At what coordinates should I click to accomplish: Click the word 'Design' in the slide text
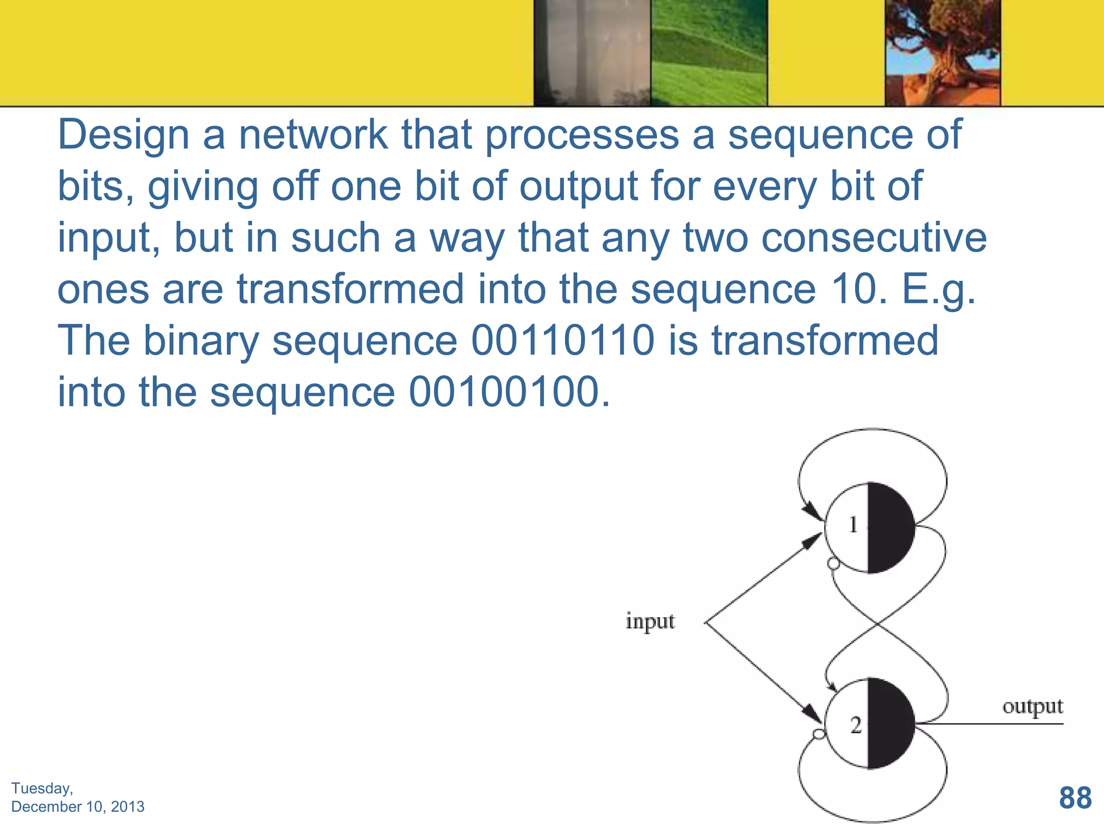[x=123, y=135]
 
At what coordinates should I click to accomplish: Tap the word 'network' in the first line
[x=313, y=135]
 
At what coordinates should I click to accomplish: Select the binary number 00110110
[x=563, y=341]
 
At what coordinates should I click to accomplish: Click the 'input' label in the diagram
[x=650, y=621]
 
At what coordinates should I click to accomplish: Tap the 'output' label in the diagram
[x=1032, y=706]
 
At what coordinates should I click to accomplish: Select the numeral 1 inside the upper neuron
[x=853, y=525]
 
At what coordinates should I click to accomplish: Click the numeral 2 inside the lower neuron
[x=856, y=726]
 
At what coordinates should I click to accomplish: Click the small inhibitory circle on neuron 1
[x=833, y=564]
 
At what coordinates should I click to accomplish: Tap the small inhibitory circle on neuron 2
[x=819, y=734]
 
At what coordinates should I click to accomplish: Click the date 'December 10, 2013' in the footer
[x=78, y=806]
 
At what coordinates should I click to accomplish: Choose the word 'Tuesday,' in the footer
[x=42, y=788]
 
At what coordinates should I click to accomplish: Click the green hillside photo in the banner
[x=709, y=53]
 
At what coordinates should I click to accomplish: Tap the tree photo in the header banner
[x=942, y=53]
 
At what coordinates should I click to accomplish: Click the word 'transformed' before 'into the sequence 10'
[x=350, y=289]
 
